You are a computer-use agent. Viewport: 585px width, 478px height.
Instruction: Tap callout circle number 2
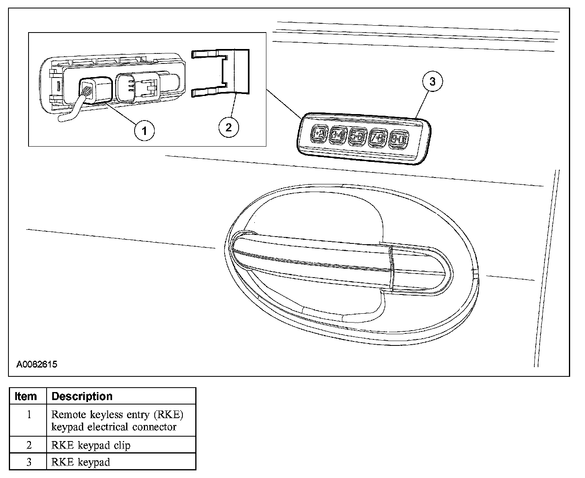228,127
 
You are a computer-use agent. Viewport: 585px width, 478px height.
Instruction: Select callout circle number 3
432,82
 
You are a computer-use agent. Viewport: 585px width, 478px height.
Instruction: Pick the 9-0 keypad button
399,139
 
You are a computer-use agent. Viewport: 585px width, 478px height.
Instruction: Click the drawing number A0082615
37,365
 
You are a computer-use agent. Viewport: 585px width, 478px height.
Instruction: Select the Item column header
26,396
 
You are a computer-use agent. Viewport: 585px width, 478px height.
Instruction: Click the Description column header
82,396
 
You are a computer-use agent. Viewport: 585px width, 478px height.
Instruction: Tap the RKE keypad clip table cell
91,445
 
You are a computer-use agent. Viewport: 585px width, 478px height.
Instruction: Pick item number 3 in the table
29,462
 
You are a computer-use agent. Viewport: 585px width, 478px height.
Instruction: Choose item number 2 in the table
29,445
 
